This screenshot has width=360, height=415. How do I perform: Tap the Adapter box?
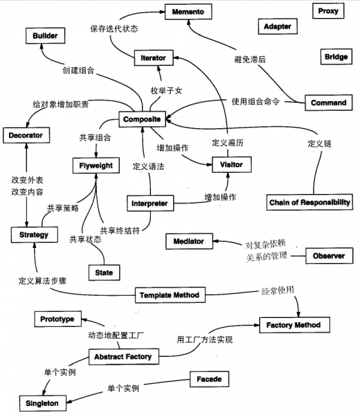pos(278,27)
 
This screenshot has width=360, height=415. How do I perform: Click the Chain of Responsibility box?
pos(308,202)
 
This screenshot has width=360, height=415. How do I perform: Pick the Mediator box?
pos(188,240)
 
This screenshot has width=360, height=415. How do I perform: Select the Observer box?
pos(329,255)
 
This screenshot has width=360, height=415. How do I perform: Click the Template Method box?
pos(169,295)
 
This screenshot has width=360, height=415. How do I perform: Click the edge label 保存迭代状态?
pos(114,29)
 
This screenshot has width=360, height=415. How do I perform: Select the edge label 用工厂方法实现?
pos(204,340)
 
